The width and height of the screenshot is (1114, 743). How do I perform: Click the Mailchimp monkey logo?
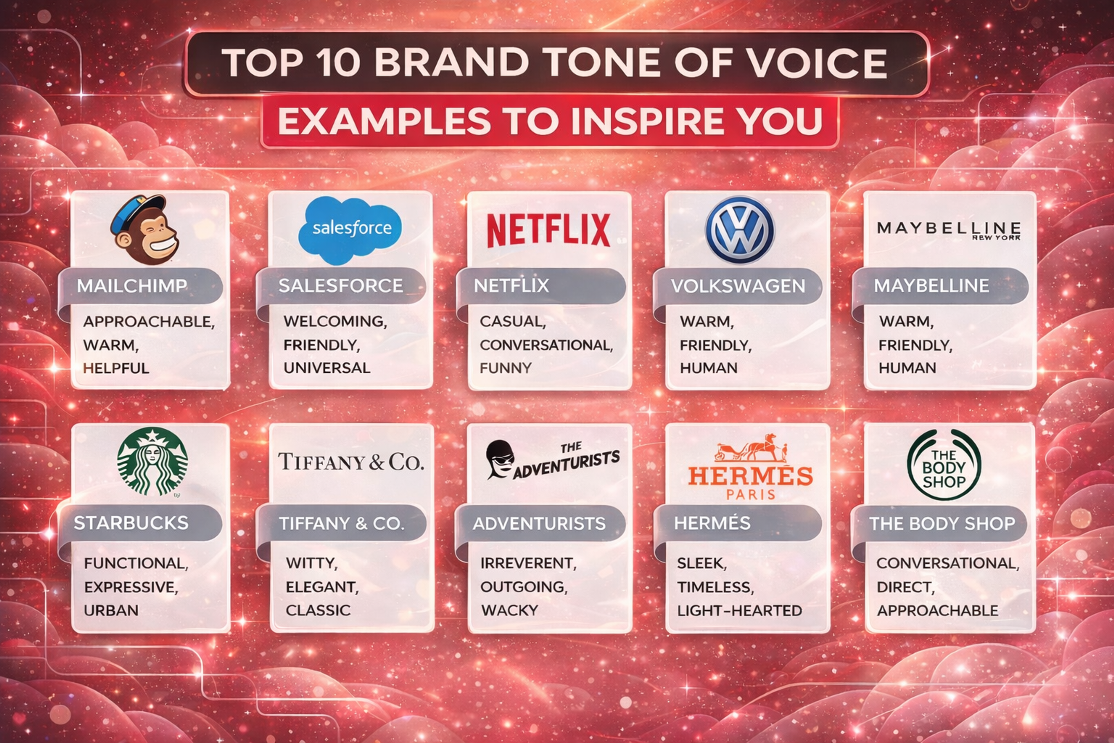[144, 230]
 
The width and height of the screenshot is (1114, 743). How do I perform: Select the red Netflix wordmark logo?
[549, 230]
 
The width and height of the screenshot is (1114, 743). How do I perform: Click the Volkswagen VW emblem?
[740, 230]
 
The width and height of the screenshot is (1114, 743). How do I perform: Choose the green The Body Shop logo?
[943, 465]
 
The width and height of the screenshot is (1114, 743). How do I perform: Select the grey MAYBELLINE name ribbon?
[940, 286]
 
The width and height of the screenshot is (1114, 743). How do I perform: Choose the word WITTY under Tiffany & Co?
[311, 563]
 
